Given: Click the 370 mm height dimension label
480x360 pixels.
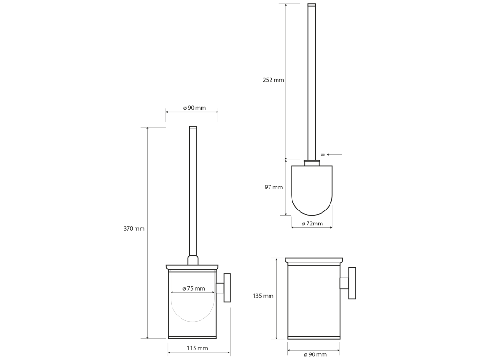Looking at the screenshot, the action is coord(134,229).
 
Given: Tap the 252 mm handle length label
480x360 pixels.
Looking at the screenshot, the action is coord(273,80).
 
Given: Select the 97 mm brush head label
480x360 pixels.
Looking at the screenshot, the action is coord(274,187).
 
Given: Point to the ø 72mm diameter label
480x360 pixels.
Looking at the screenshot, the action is coord(312,224).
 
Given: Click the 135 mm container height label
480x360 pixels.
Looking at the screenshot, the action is coord(263,296).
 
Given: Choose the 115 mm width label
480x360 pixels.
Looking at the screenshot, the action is coord(197,348).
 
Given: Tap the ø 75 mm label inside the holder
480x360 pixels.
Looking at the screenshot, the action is coord(194,289).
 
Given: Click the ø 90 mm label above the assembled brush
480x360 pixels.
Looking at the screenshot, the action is coord(195,108).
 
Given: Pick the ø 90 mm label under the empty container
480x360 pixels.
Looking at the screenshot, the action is coord(315,354).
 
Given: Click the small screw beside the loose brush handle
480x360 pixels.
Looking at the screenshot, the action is coord(322,155).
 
